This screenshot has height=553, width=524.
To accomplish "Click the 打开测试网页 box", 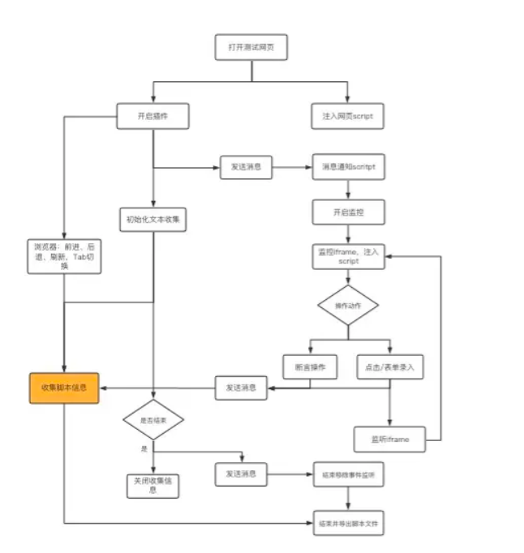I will tap(251, 47).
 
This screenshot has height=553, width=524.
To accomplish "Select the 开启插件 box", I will tap(152, 116).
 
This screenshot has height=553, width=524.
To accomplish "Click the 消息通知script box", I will tap(348, 167).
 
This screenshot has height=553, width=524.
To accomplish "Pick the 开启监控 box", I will tap(348, 212).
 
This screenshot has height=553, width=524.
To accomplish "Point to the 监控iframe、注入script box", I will tap(348, 256).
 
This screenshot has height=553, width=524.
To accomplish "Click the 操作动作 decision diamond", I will tap(348, 305).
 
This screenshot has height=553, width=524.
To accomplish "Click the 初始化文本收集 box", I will tap(152, 219).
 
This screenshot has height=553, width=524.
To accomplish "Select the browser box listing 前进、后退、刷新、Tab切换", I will tap(64, 255).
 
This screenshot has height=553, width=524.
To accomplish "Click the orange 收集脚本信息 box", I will tap(64, 388).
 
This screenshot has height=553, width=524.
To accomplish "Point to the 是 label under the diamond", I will tap(145, 448).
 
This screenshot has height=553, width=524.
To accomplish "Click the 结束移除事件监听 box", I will tap(348, 474).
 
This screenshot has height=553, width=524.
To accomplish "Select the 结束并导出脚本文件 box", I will tap(348, 523).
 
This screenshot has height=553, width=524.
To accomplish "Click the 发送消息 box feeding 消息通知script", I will tap(245, 167).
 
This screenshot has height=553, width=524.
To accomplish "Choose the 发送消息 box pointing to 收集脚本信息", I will tap(241, 388).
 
